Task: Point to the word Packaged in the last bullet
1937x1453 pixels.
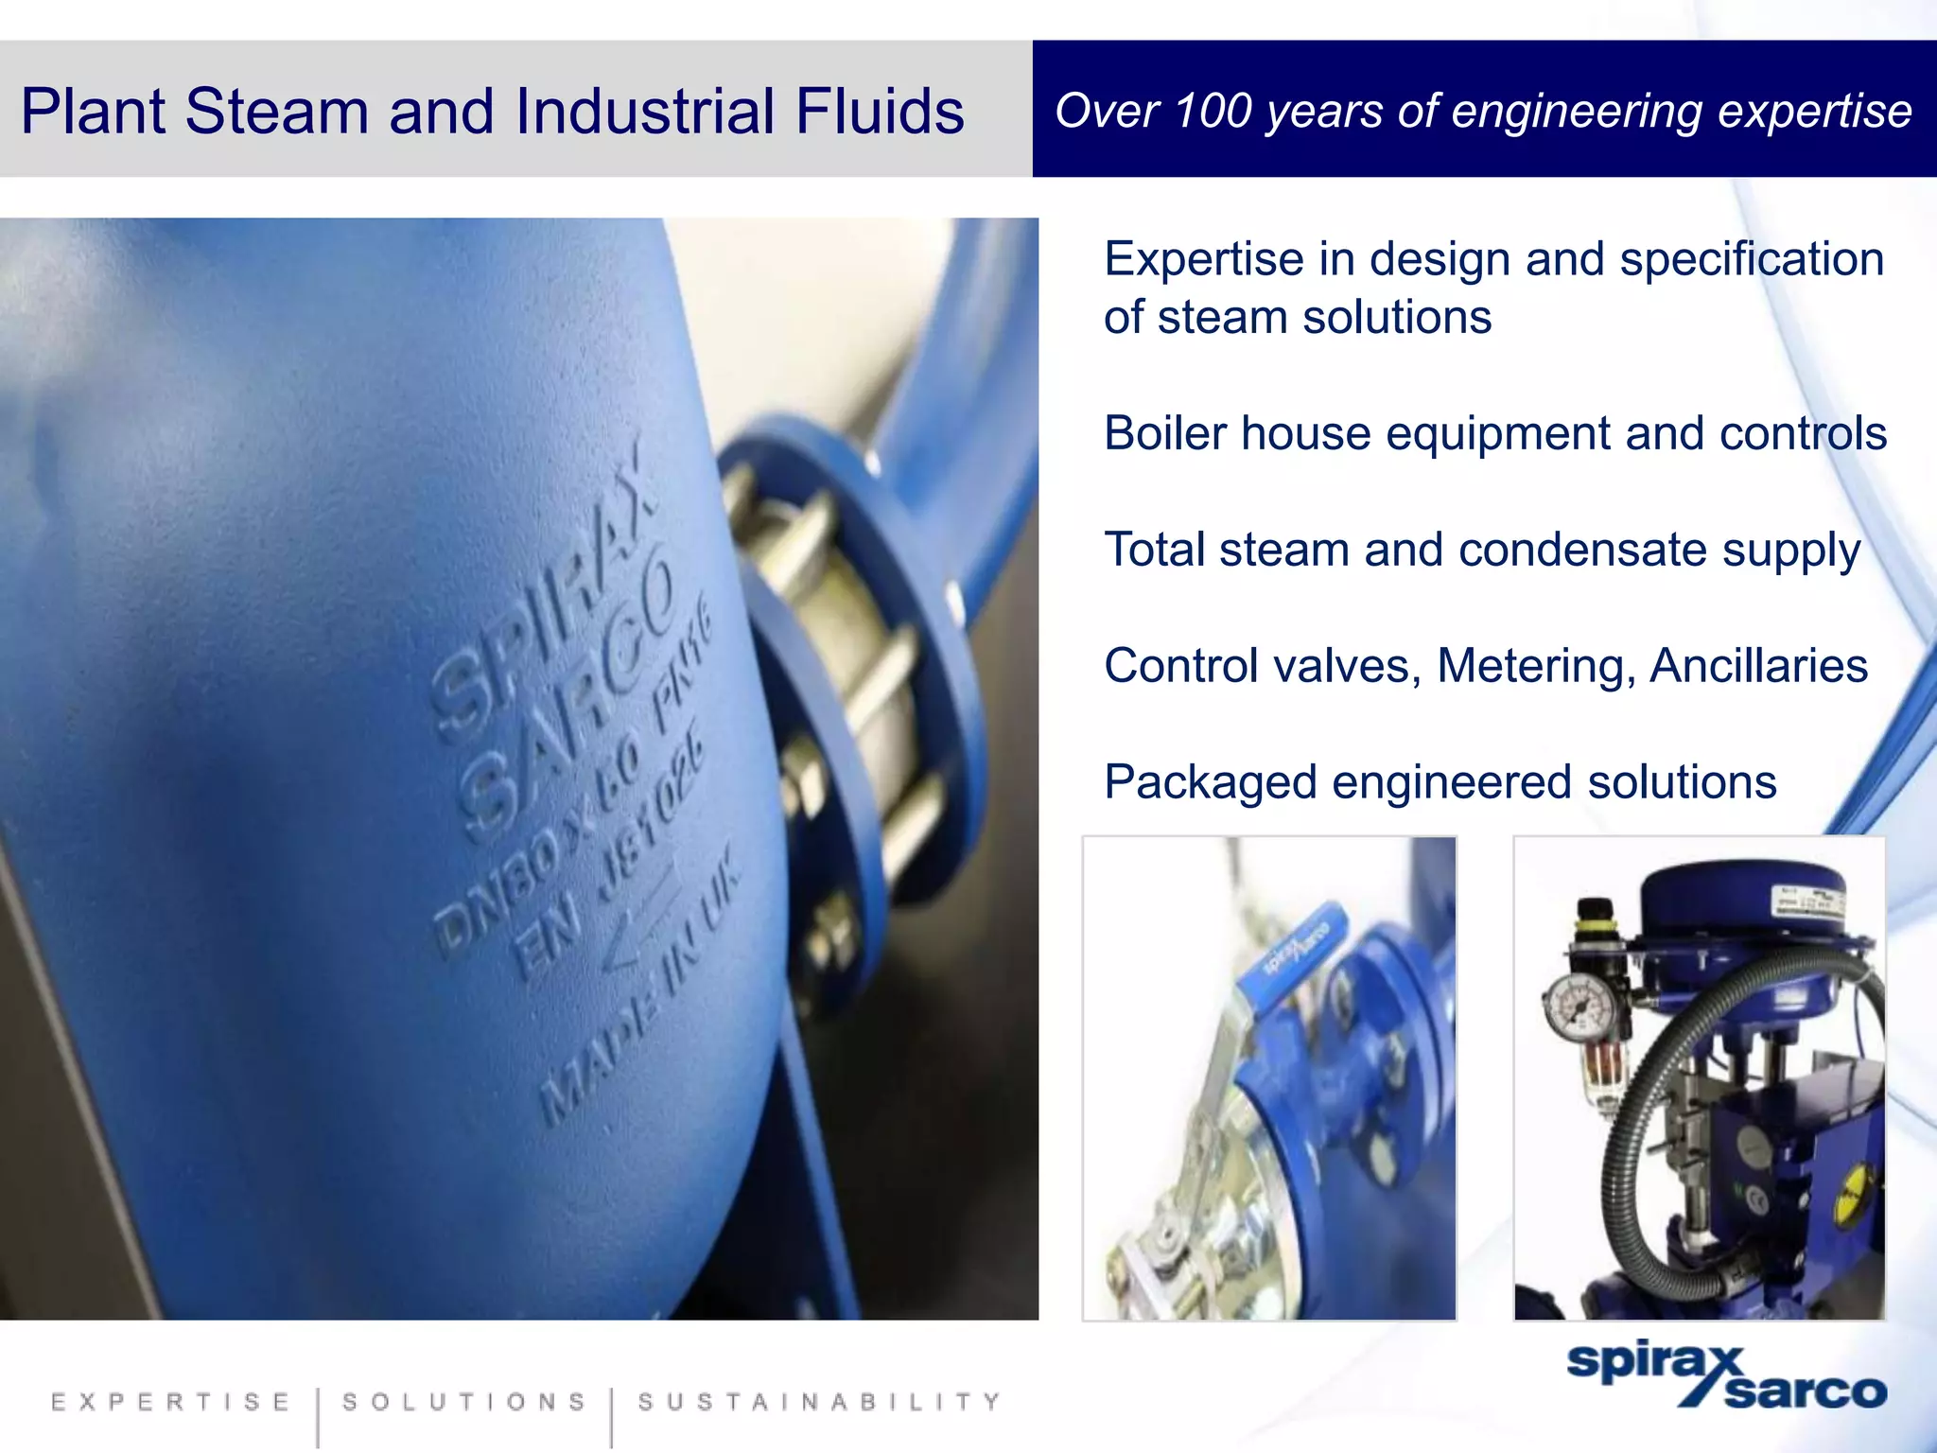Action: pos(1211,783)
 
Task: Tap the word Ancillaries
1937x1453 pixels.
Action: pos(1759,666)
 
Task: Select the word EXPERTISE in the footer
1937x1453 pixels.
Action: pos(171,1402)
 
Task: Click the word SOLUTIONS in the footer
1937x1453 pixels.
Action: pos(464,1402)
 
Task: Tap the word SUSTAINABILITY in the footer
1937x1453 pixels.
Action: pos(819,1402)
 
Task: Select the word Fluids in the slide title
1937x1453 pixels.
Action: pos(880,111)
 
